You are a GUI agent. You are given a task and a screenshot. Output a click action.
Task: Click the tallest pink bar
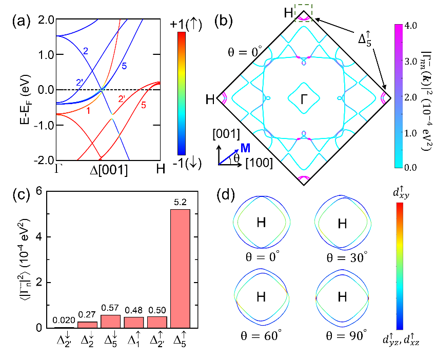(x=180, y=268)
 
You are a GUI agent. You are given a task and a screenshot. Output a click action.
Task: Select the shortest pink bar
(x=87, y=325)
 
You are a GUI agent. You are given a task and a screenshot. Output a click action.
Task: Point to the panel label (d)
(x=226, y=196)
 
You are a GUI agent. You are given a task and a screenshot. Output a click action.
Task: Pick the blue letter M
(x=246, y=148)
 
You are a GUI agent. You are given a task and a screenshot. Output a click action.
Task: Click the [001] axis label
(x=226, y=135)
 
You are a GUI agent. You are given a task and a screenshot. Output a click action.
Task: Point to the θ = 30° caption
(x=343, y=257)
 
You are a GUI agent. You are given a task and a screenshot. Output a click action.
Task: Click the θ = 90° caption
(x=346, y=336)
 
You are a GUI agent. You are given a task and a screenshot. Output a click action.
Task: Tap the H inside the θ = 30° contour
(x=342, y=224)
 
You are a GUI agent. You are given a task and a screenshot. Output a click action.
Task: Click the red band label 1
(x=88, y=110)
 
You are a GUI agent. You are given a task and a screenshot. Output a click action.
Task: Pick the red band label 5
(x=143, y=106)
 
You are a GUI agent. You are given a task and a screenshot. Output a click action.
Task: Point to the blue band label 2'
(x=80, y=82)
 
